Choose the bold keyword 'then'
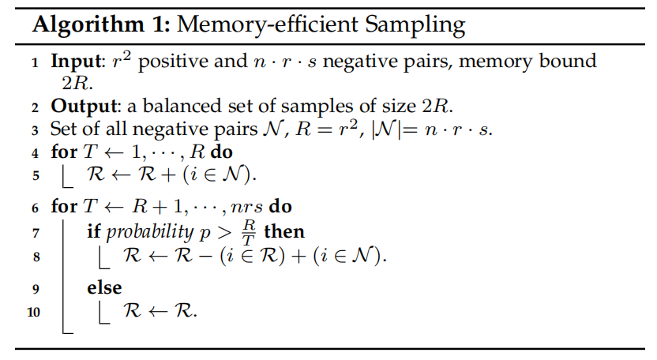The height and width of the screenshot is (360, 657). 285,231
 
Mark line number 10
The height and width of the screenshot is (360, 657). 32,312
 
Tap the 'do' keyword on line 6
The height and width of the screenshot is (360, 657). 280,208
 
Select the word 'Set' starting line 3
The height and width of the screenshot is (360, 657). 64,129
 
